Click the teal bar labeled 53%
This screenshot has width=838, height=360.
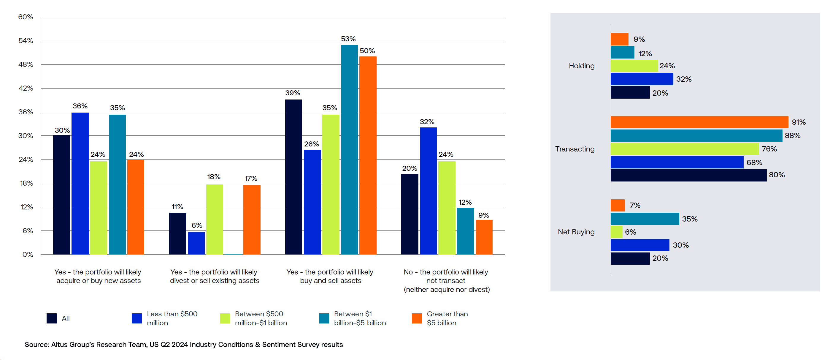(x=349, y=149)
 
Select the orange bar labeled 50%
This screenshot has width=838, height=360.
(x=368, y=155)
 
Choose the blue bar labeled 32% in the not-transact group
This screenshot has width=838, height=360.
(x=428, y=191)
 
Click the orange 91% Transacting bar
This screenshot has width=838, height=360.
(x=699, y=122)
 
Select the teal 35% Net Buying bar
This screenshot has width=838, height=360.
(x=645, y=219)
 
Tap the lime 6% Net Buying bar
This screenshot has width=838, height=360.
(x=616, y=232)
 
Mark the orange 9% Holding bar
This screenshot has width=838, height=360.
(x=619, y=40)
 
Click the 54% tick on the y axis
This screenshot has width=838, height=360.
(x=26, y=41)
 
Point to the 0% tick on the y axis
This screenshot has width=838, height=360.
(x=28, y=255)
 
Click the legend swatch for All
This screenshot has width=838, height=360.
(x=51, y=318)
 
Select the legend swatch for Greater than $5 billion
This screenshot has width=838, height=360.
(x=416, y=318)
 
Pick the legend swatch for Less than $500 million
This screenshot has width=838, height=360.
(x=137, y=318)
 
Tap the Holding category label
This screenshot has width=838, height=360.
(x=581, y=66)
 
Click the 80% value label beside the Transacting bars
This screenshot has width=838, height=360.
(x=777, y=175)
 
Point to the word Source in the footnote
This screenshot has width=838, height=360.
(x=36, y=344)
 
